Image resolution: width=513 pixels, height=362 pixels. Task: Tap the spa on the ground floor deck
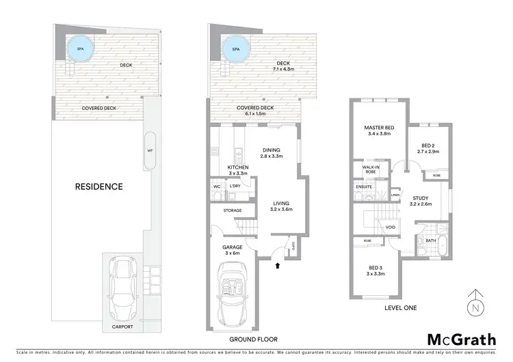[x=236, y=49]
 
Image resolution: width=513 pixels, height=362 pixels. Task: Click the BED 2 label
[x=430, y=145]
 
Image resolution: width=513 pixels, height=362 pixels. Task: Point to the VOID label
[x=391, y=227]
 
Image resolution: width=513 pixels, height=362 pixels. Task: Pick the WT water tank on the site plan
[x=150, y=152]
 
